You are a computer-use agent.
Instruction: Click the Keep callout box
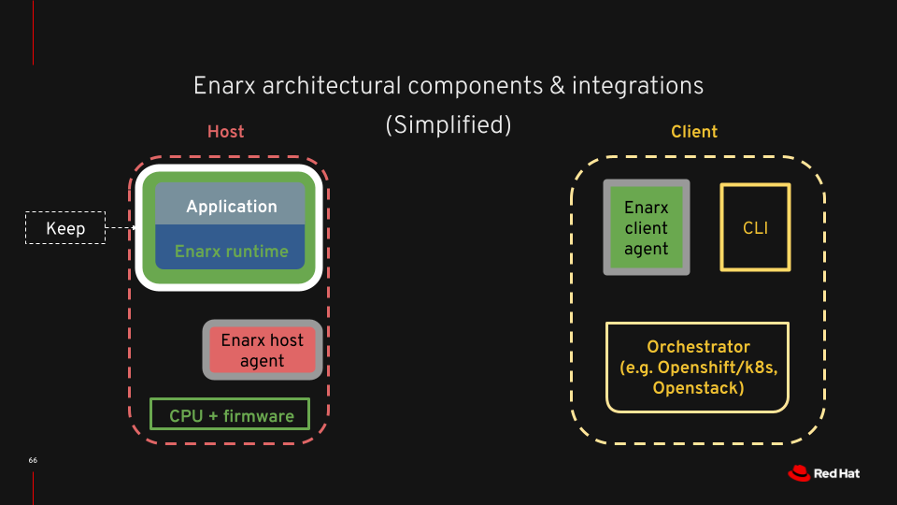64,228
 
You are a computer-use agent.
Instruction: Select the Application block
231,206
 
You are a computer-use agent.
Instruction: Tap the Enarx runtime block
231,251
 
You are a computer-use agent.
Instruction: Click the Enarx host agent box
263,351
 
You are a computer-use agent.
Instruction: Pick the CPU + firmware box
231,415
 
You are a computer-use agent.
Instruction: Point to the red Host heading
225,132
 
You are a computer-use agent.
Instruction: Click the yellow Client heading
694,132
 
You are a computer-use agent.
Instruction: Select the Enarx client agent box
647,228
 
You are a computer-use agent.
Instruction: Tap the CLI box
755,228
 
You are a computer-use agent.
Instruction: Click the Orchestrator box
698,367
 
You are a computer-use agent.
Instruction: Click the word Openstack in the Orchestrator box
698,388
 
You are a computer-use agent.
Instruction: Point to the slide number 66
33,461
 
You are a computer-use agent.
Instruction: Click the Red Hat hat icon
798,473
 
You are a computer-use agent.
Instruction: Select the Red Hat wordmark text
837,473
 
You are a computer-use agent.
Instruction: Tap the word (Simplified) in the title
448,124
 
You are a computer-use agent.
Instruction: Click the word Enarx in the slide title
224,85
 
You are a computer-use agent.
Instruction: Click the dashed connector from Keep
120,227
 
